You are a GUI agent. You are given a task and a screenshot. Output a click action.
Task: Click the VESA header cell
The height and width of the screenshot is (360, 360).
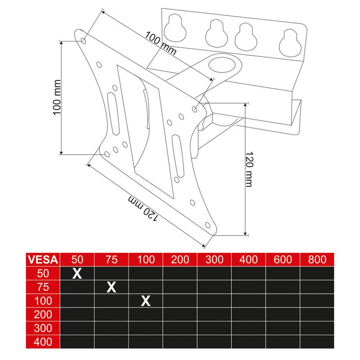43,260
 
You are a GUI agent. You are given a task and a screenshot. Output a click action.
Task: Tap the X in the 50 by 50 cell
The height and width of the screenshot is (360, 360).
77,273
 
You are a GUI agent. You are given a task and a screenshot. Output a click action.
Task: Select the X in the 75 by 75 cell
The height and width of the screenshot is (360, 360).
111,287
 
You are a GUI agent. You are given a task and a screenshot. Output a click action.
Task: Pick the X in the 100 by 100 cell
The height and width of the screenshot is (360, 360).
146,301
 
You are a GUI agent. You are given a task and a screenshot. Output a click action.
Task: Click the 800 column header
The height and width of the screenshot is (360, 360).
317,260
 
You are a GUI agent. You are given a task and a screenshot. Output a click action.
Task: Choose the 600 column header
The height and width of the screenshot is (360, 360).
283,260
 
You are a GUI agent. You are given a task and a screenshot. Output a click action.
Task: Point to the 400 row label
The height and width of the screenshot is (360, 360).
43,342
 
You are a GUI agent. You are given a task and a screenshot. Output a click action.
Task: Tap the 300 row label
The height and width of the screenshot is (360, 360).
43,328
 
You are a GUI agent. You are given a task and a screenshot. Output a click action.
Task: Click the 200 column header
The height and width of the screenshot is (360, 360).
180,260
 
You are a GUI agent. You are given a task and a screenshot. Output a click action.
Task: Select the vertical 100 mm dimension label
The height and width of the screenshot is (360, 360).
57,97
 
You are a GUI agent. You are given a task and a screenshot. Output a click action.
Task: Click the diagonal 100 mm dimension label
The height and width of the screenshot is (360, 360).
161,43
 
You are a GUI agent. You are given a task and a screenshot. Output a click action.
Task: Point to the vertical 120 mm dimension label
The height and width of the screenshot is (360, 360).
249,169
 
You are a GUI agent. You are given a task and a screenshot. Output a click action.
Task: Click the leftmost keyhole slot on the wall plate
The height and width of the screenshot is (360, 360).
175,28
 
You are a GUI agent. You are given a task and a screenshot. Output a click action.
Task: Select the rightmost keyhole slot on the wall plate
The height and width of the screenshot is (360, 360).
290,43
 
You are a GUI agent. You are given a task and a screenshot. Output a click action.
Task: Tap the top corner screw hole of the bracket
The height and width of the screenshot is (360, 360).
84,41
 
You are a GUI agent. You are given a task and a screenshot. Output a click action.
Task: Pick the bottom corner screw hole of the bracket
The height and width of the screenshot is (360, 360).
207,225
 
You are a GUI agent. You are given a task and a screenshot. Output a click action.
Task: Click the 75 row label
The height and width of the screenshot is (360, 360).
43,287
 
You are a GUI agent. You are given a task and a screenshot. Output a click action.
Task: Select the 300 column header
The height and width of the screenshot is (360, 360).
215,260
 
